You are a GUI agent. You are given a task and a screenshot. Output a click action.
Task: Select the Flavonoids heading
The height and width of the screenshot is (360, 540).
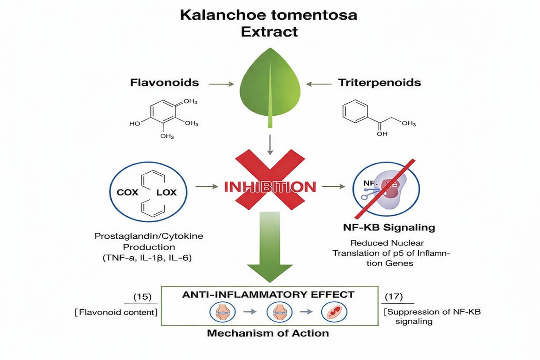click(165, 83)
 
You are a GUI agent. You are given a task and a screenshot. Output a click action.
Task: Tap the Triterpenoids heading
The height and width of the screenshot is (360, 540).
click(379, 83)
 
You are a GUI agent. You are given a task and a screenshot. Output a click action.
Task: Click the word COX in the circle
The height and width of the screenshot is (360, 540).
click(127, 192)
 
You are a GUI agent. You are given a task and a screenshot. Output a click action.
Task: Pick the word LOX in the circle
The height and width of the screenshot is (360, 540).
click(166, 192)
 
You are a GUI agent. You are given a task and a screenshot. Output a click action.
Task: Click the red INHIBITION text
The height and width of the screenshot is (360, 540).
click(270, 187)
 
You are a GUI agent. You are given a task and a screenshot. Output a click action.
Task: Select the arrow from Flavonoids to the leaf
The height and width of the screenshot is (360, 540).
click(221, 84)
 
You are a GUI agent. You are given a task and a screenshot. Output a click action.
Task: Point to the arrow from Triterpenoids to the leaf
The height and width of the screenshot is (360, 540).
click(319, 84)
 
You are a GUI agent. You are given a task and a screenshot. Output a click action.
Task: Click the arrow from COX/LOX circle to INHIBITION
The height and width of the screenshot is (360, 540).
click(207, 187)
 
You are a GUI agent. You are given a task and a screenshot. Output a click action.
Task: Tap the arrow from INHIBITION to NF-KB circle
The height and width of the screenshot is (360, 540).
click(333, 187)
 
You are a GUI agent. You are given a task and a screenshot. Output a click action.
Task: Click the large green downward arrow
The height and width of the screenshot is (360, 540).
click(270, 246)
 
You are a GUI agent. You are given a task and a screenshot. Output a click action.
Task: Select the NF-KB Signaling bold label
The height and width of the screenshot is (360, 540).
click(389, 227)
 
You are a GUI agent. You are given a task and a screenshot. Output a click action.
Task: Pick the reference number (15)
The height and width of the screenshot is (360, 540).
click(142, 297)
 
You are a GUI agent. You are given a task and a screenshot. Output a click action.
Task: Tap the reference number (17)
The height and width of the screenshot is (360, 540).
click(394, 297)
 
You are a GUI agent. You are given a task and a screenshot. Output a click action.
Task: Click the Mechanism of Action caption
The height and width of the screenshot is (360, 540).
click(268, 333)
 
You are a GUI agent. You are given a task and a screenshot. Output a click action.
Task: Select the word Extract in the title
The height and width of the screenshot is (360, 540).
click(269, 32)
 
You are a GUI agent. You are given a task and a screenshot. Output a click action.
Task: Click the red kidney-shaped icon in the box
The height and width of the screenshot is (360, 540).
click(334, 312)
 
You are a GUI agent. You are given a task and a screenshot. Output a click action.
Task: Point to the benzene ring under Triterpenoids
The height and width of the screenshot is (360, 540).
click(355, 111)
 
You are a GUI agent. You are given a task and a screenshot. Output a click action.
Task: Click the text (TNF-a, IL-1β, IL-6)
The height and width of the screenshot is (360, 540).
click(147, 258)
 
